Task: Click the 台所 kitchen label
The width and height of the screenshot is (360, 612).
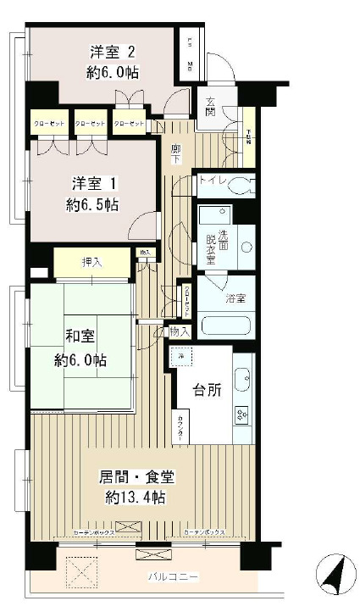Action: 209,390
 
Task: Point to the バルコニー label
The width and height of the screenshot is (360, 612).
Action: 174,577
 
